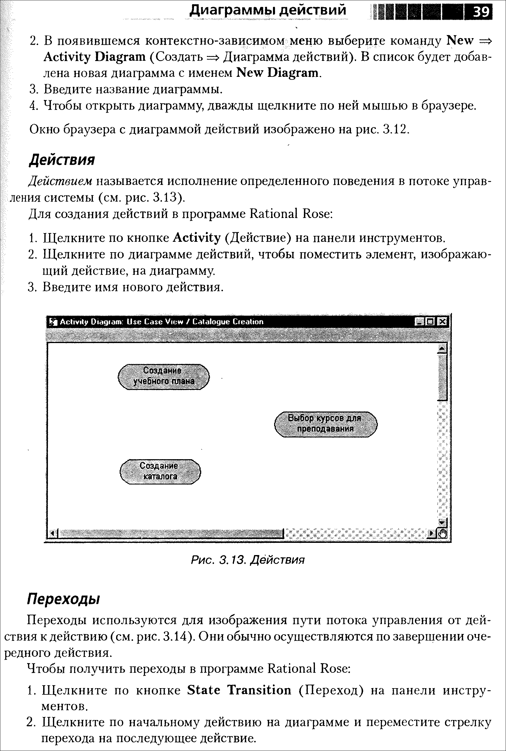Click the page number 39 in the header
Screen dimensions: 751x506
click(480, 12)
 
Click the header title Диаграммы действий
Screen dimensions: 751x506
click(268, 10)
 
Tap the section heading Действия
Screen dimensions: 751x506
click(62, 160)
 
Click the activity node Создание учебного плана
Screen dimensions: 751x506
click(164, 376)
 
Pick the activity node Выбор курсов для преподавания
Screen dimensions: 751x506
click(325, 424)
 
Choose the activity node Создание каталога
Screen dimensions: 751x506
click(160, 471)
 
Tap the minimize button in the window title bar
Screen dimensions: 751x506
click(419, 322)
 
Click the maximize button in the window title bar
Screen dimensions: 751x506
click(431, 322)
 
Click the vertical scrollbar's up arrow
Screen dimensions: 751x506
click(442, 348)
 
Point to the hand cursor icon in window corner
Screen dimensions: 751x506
click(442, 533)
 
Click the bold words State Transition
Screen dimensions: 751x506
click(239, 690)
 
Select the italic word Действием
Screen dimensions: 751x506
click(60, 181)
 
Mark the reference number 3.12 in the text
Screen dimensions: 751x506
click(396, 130)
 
